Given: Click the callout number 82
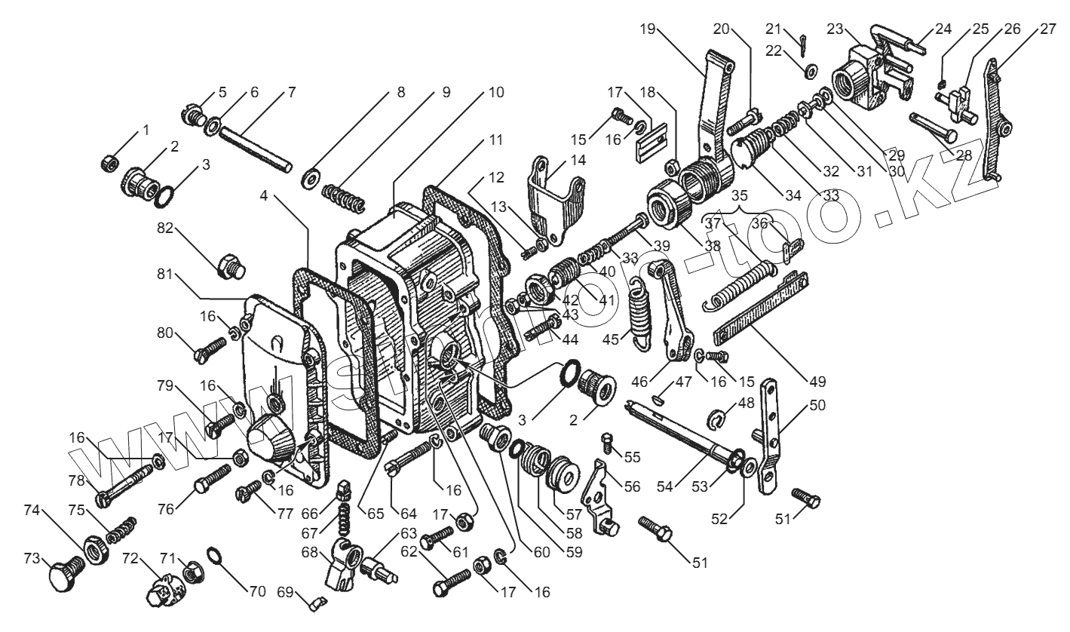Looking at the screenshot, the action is point(165,229).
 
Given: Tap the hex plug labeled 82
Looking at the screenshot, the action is point(231,266).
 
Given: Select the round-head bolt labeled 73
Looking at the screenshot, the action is point(66,572).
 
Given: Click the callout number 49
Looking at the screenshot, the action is point(817,381).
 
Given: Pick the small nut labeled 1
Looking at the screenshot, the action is point(110,164).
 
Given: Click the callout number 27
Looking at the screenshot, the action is point(1047,29).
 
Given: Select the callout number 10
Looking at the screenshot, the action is point(496,92).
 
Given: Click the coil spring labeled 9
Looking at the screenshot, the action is point(343,198).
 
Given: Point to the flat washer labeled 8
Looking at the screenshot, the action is point(311,177).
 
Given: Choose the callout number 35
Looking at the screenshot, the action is point(739,196).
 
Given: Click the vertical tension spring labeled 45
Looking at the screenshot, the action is point(639,315).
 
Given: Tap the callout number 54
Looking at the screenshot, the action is point(664,486).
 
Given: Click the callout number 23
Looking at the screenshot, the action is point(835,29).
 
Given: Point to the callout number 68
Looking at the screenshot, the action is point(309,552).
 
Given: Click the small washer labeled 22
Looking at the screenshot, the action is point(811,71).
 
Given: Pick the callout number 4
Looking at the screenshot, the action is point(264,195).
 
